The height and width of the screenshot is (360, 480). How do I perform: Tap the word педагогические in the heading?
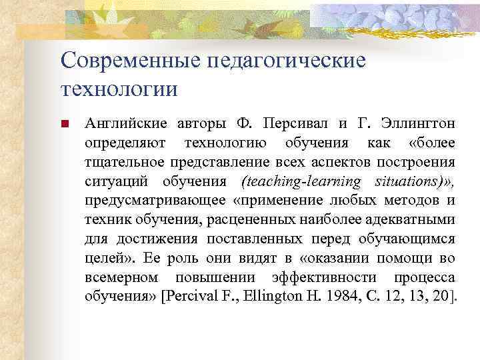click(287, 61)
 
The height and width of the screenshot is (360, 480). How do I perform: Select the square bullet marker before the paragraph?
click(65, 124)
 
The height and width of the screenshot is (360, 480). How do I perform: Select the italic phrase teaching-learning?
click(302, 182)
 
